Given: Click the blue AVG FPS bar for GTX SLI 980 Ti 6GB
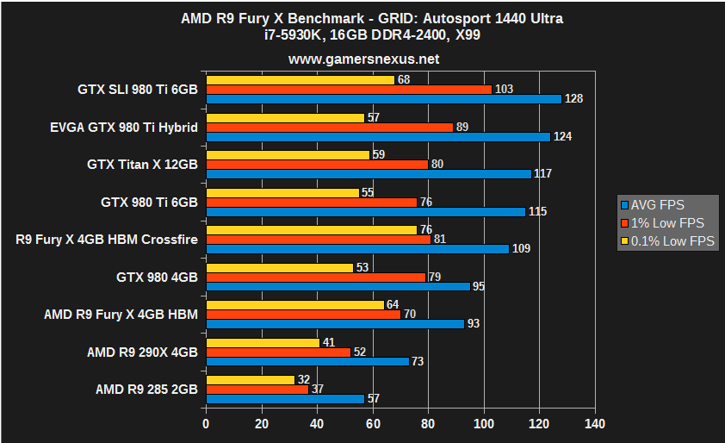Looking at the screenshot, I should pos(383,99).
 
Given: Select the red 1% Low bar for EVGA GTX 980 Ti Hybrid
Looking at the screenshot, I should pos(329,128).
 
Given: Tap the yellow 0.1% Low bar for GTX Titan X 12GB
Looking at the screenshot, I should pos(288,155).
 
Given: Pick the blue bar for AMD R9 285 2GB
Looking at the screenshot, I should pos(285,399).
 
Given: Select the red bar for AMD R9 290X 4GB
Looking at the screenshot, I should pos(278,352).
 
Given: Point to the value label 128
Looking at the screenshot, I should pos(574,99).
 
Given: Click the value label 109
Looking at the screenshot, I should pos(521,249).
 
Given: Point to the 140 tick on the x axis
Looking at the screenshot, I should pos(594,424).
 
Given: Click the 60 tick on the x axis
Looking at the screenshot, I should pos(373,424).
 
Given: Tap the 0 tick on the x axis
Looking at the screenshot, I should pos(206,424).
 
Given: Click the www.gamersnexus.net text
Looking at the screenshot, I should pos(363,59).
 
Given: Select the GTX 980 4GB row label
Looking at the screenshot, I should pos(157,278).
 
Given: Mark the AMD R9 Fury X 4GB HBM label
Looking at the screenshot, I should pos(121,315).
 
